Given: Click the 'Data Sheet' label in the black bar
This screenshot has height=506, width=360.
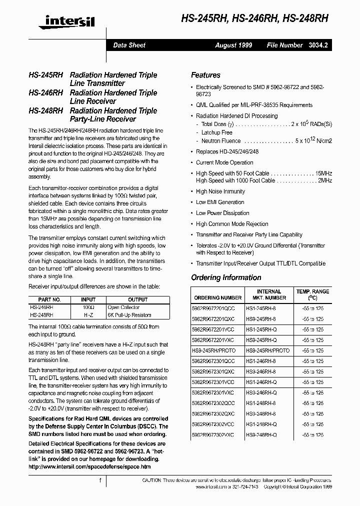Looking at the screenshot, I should click(129, 45).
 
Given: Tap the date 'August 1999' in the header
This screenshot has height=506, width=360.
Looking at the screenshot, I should click(233, 45).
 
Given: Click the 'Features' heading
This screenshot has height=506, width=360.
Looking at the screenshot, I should click(205, 75).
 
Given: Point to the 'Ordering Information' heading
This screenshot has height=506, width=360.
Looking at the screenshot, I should click(226, 277).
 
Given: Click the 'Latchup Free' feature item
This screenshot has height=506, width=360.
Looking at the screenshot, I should click(216, 132).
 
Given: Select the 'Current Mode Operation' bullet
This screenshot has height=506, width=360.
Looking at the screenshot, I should click(224, 162).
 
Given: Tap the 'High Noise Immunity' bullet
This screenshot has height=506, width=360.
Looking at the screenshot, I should click(220, 191).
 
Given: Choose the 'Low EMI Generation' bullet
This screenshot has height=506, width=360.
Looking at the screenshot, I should click(220, 202).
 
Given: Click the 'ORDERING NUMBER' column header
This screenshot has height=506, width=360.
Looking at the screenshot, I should click(217, 297).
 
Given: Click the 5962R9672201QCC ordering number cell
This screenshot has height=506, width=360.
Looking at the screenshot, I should click(214, 309).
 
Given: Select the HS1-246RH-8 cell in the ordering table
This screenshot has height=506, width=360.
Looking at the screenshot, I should click(261, 361).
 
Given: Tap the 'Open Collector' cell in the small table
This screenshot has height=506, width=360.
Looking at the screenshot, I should click(123, 307).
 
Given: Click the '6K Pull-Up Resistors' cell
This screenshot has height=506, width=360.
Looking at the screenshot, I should click(129, 315).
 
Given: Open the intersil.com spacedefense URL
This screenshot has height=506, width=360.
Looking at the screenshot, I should click(89, 466).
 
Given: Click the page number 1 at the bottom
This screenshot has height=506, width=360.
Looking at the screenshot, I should click(100, 480).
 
